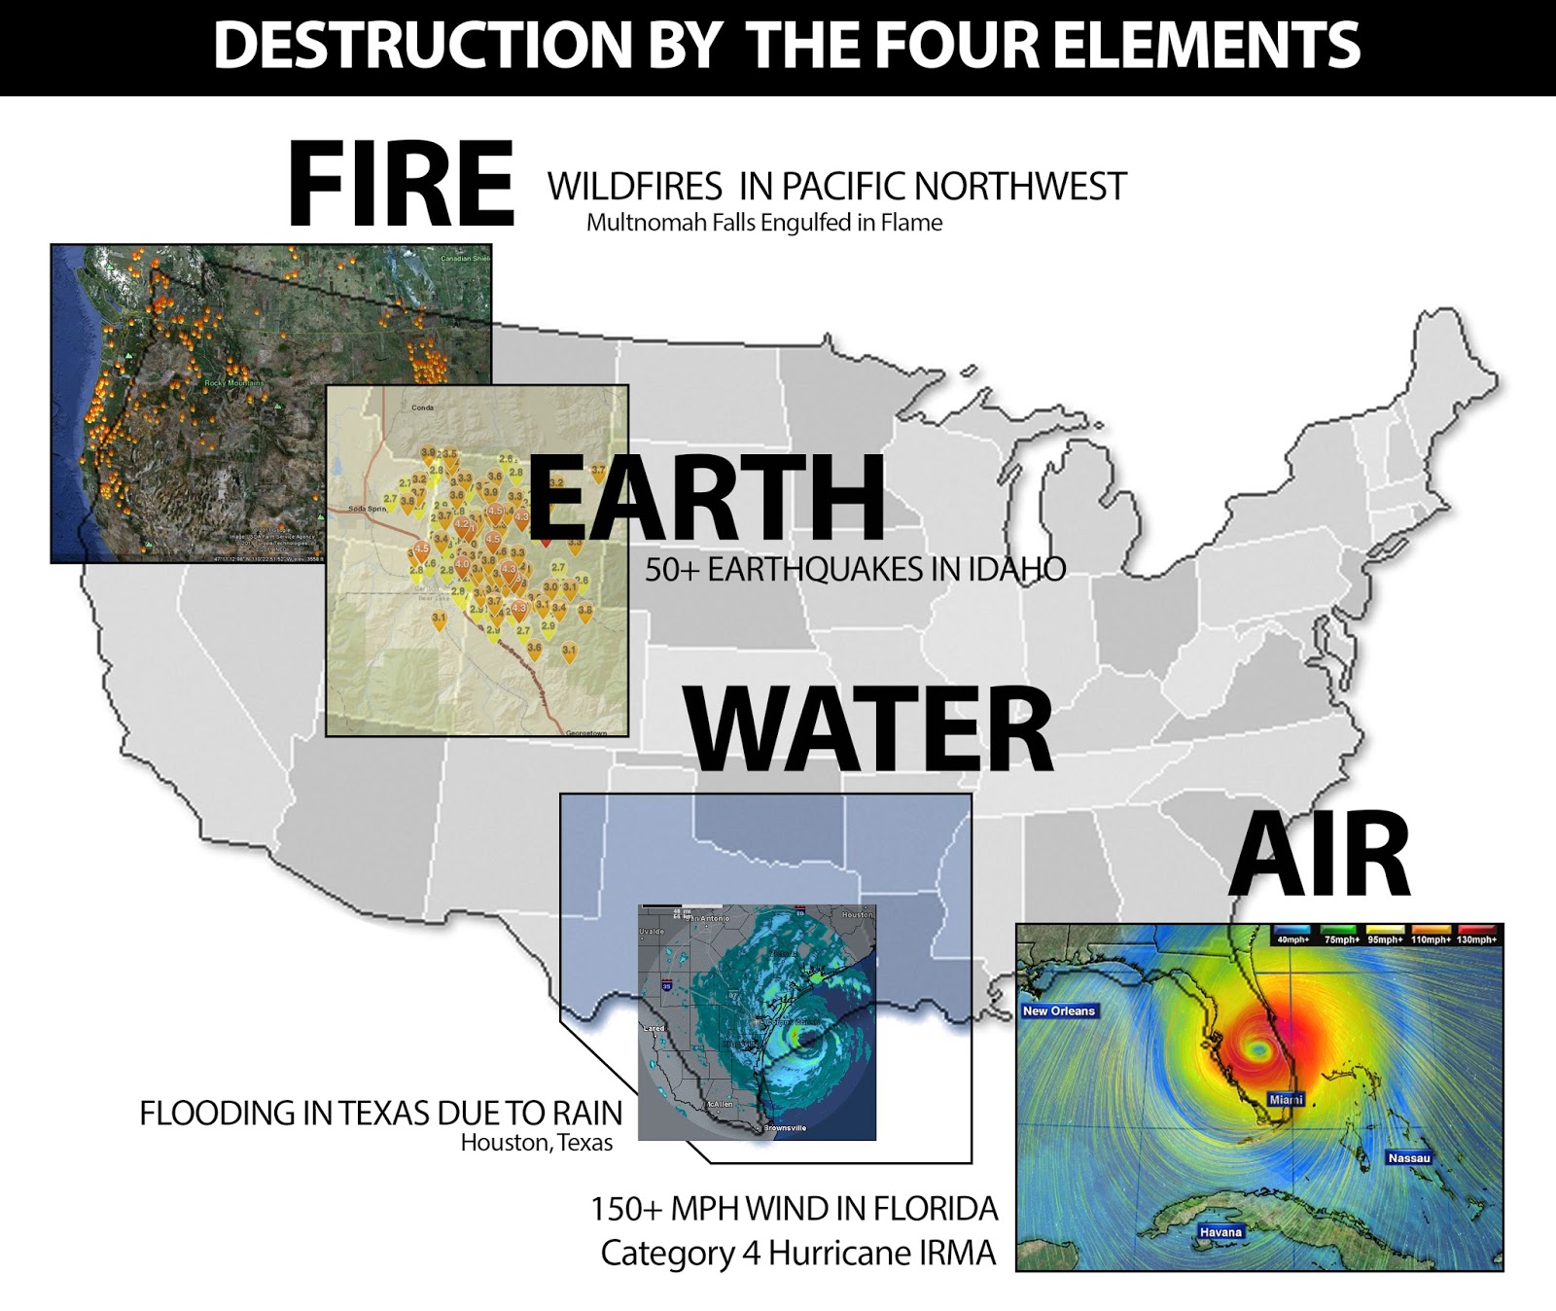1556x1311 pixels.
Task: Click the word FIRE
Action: [401, 184]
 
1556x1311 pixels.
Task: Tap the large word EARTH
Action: [706, 497]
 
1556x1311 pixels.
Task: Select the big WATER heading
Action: [868, 728]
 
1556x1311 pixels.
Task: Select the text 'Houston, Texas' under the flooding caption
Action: [536, 1143]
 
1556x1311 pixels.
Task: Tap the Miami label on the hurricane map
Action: [1286, 1099]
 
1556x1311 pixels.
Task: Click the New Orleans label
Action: [1058, 1010]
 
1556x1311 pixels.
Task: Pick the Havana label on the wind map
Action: [1220, 1231]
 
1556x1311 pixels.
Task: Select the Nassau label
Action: [1409, 1157]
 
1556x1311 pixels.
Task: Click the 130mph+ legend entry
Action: [1476, 939]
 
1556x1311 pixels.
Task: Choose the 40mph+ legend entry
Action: [1293, 939]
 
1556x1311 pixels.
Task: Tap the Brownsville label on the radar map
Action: [784, 1128]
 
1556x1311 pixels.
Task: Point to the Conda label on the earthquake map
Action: [422, 407]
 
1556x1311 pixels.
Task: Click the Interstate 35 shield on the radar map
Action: [667, 986]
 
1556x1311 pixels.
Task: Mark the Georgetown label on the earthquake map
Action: [585, 732]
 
